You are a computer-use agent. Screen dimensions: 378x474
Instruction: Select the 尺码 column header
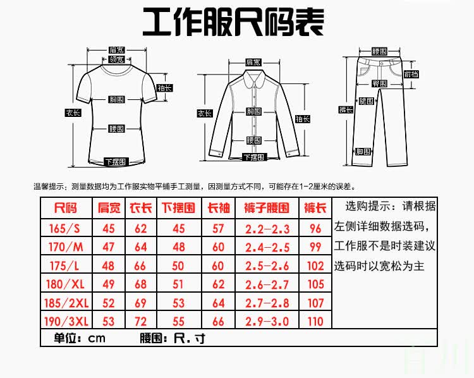pos(66,208)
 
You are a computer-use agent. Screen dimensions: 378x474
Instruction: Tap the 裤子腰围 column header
pos(266,208)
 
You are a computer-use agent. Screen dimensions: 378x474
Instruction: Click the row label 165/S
pos(66,228)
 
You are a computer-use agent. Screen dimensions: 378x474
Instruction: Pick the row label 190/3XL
pos(66,321)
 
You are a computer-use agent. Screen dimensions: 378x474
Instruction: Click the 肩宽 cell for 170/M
pos(108,247)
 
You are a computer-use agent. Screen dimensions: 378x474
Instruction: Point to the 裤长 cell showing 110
pos(315,321)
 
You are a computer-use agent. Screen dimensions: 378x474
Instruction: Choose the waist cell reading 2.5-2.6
pos(266,265)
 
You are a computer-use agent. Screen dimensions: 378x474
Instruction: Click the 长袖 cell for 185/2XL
pos(218,302)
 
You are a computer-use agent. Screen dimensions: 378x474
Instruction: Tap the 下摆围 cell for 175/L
pos(179,265)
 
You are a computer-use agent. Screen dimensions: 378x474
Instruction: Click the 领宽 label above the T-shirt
pos(116,59)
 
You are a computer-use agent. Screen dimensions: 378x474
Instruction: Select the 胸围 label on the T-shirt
pos(116,100)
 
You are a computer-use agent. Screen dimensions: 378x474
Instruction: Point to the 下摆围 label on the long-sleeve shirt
pos(252,157)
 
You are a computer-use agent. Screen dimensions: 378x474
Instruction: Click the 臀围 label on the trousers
pos(379,83)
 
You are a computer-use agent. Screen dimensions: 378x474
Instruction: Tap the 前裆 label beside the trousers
pos(411,74)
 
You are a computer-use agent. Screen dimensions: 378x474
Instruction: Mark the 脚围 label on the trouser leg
pos(363,152)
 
